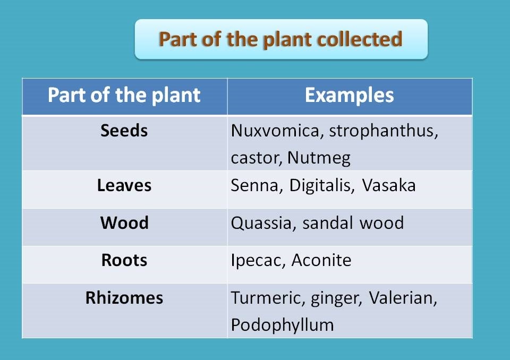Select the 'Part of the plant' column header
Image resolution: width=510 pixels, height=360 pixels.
[124, 95]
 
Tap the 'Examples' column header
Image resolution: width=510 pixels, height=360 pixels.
[350, 95]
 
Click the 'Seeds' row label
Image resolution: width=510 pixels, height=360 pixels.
[124, 131]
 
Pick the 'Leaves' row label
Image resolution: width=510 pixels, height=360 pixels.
[124, 185]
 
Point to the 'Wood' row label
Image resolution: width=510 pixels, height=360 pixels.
[124, 223]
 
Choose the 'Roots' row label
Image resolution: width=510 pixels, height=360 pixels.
[124, 260]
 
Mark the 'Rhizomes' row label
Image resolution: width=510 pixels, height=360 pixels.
[124, 297]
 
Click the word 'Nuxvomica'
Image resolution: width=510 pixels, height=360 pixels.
[275, 131]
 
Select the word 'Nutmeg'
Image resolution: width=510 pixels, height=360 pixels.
[319, 159]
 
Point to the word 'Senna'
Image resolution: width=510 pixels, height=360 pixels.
[254, 186]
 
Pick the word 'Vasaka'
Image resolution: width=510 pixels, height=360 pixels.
[389, 185]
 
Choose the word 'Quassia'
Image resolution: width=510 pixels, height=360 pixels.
[261, 224]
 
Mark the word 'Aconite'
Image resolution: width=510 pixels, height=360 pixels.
[321, 261]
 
